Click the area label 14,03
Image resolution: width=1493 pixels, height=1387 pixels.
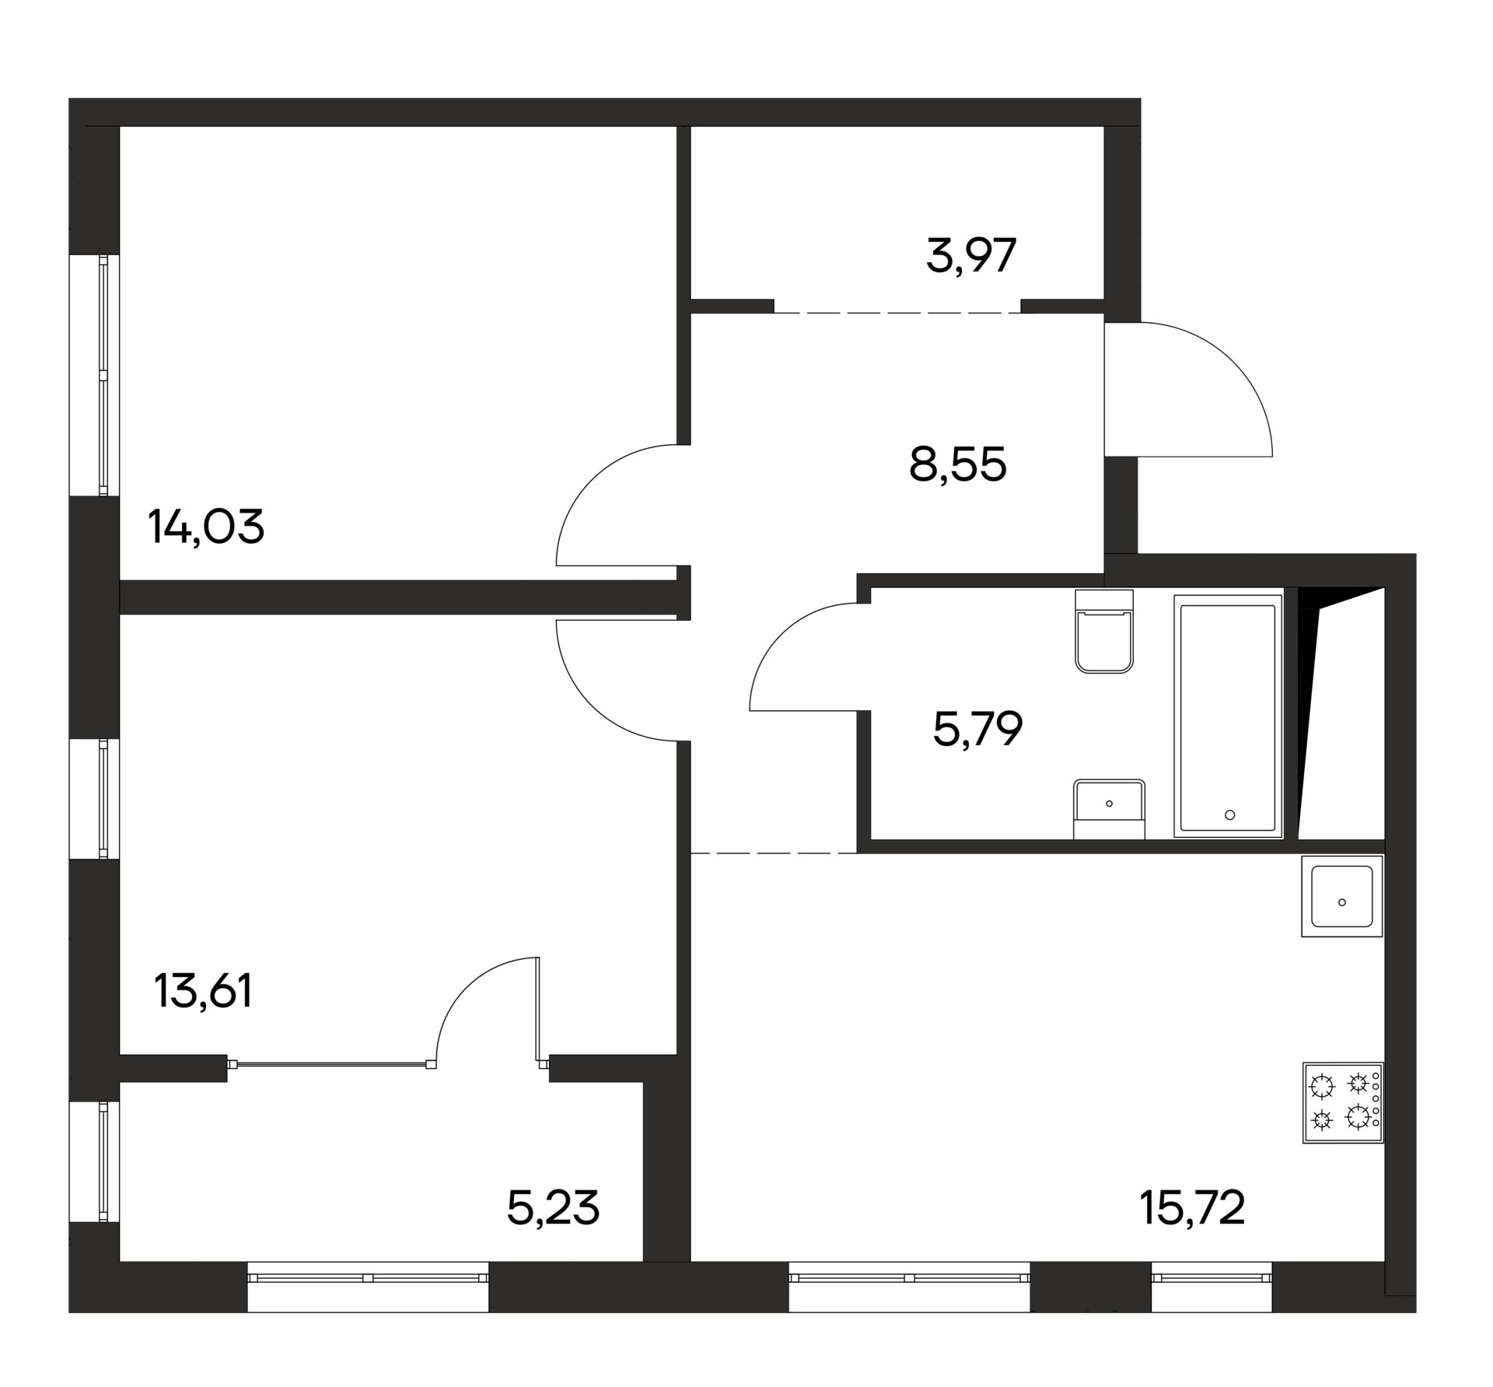(206, 527)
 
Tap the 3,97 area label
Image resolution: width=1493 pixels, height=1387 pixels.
(971, 256)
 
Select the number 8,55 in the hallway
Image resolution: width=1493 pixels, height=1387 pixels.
(957, 465)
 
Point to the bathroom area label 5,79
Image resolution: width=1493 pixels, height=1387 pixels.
(977, 729)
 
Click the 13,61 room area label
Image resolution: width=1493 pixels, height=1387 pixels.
(204, 991)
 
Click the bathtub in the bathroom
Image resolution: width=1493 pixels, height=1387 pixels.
(1228, 716)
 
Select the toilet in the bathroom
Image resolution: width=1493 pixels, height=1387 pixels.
(1104, 630)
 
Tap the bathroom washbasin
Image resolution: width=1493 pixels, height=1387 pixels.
(1109, 808)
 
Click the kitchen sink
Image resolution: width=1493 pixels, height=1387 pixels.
(1342, 895)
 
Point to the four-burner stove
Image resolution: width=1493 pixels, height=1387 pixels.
(1343, 1103)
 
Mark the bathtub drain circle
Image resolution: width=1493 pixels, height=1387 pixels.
(1229, 815)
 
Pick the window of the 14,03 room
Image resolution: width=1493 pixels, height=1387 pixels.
(103, 375)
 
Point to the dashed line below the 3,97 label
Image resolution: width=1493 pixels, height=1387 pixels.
(897, 313)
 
